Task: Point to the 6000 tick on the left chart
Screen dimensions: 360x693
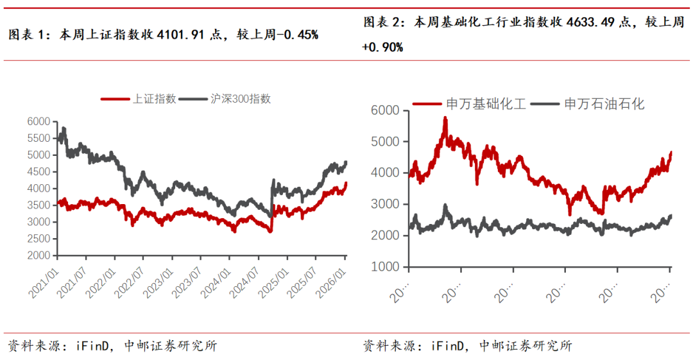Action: (39, 122)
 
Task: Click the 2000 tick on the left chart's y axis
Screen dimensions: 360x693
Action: (39, 255)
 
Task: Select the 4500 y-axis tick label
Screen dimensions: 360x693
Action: (39, 172)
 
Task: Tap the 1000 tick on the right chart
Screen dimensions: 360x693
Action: (385, 267)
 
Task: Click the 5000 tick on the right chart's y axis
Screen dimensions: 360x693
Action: (385, 142)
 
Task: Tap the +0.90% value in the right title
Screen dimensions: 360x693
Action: (382, 47)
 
